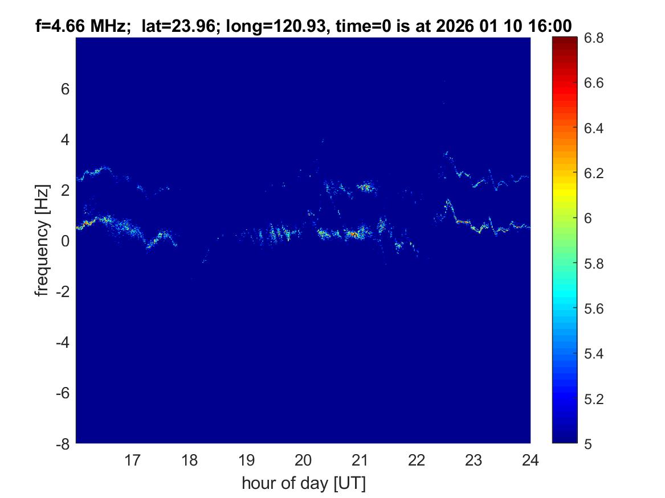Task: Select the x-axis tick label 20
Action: pyautogui.click(x=303, y=460)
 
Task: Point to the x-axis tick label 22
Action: pyautogui.click(x=417, y=460)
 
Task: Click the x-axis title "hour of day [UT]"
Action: pyautogui.click(x=303, y=484)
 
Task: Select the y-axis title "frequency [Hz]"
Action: pyautogui.click(x=42, y=241)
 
